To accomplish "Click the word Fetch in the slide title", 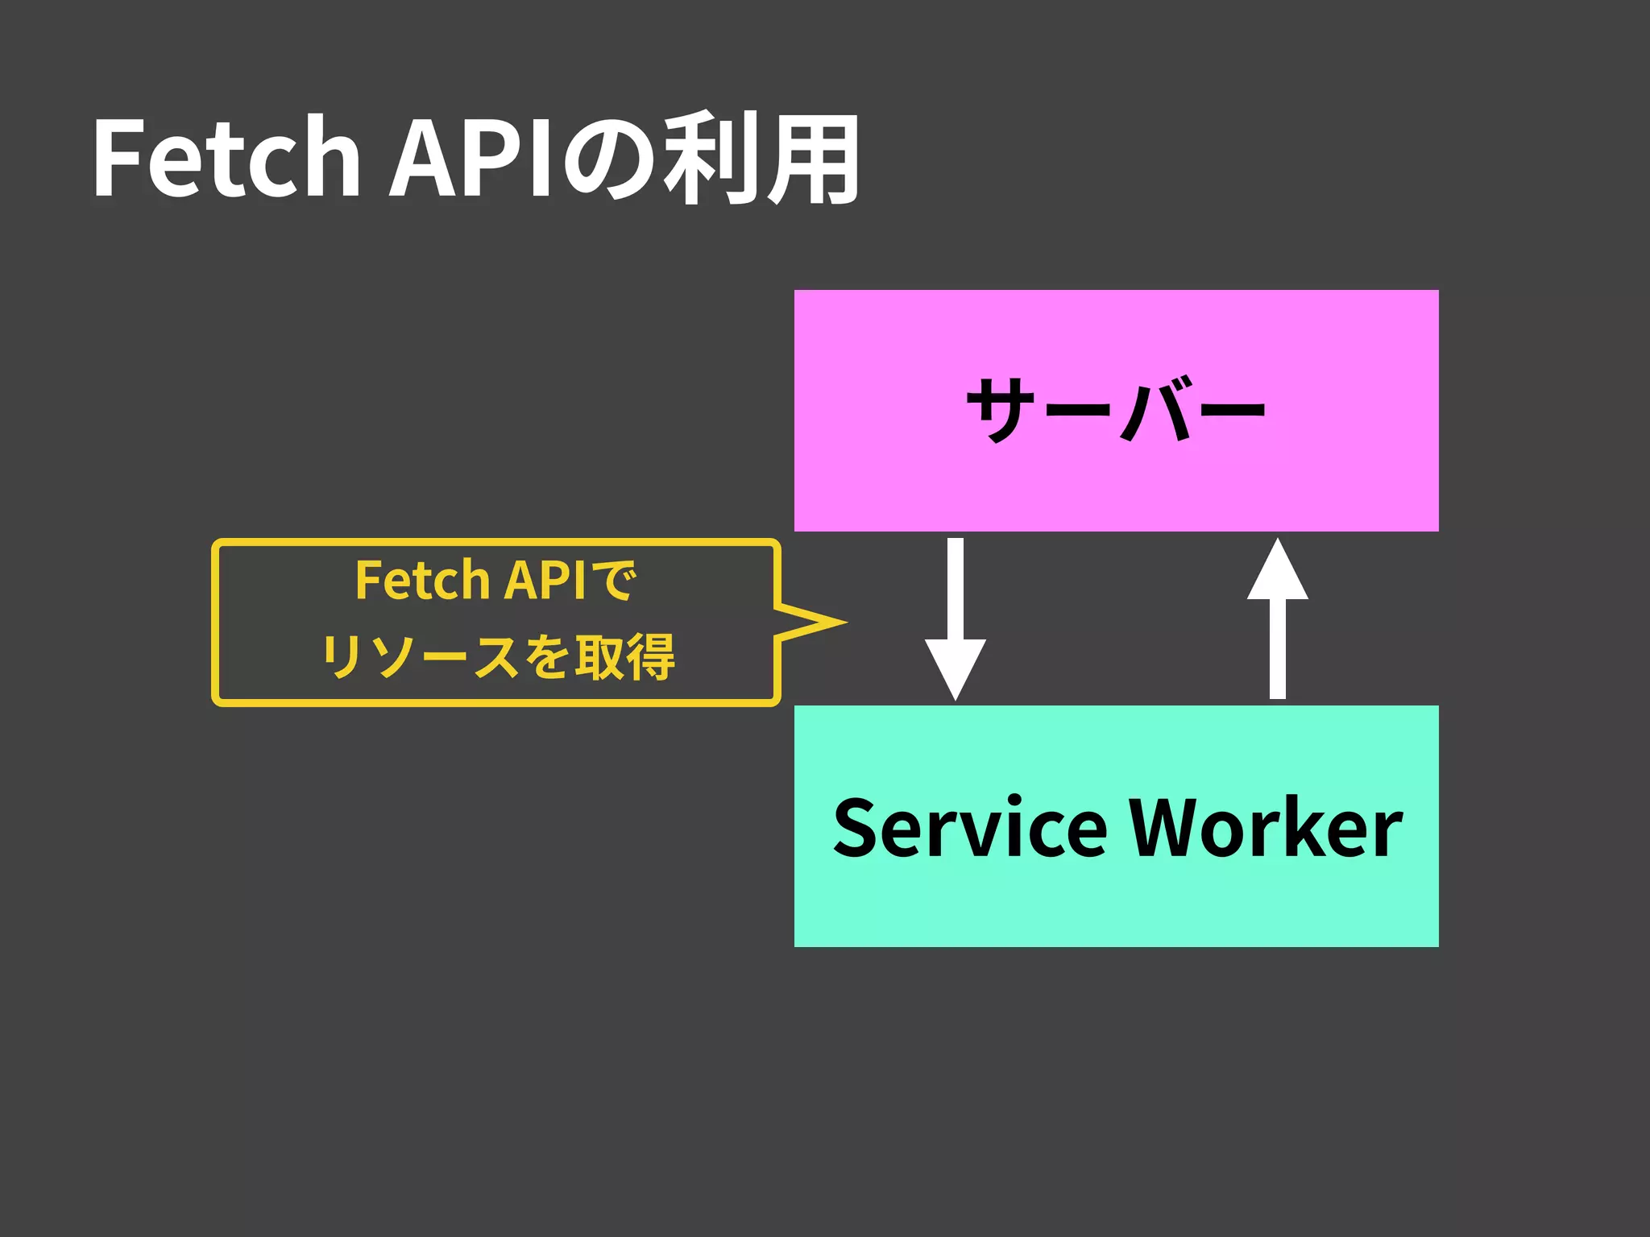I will (226, 157).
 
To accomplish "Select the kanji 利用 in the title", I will (761, 157).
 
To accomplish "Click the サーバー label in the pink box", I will (1116, 410).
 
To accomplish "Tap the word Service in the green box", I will (970, 827).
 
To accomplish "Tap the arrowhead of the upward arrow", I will (1278, 572).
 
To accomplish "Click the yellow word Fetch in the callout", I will (422, 580).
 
